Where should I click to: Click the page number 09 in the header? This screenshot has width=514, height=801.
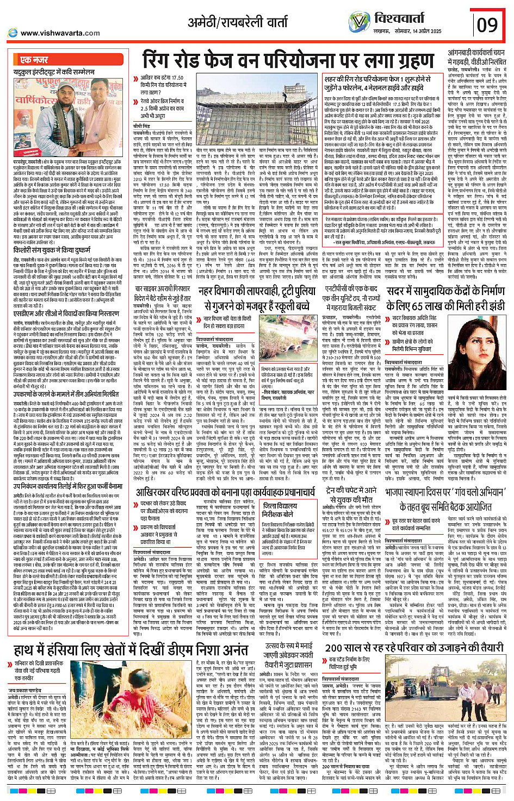pyautogui.click(x=487, y=25)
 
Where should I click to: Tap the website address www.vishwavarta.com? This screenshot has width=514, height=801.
pyautogui.click(x=60, y=33)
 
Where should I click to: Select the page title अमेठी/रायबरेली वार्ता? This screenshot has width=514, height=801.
pyautogui.click(x=238, y=22)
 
